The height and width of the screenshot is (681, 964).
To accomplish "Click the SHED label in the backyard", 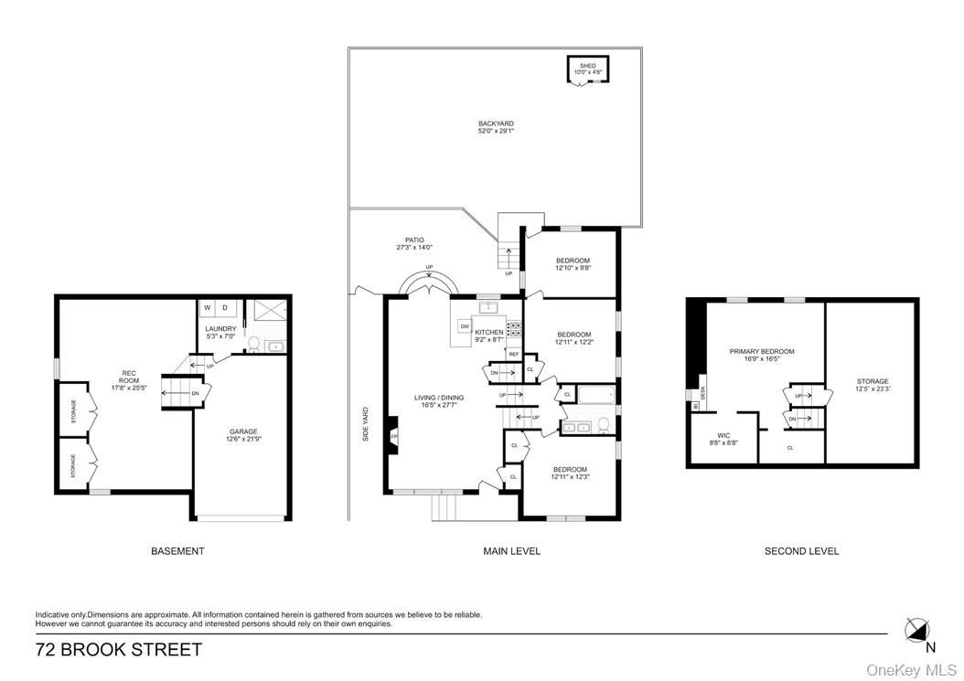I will point(586,66).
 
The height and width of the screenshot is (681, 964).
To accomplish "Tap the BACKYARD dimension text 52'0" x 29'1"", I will point(496,132).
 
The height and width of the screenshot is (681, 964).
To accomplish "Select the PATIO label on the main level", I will point(415,240).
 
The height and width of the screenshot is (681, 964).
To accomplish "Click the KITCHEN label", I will point(488,332).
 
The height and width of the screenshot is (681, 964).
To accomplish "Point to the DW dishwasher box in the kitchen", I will point(465,326).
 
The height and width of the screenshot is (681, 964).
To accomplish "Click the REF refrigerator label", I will point(513,354).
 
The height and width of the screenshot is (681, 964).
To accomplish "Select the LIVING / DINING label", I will point(439,397).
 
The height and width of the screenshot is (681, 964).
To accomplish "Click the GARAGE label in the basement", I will point(243,431).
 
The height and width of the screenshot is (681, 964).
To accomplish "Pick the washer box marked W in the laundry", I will point(207,308).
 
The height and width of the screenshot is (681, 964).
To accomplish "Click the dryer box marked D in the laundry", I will point(225,308).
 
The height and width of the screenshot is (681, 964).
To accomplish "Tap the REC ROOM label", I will point(129,377).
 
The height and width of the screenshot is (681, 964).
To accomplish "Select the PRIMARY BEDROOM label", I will point(761,351).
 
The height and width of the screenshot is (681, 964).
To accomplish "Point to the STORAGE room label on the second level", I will point(872,381).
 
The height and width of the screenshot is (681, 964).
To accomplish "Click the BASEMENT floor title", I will point(177,551).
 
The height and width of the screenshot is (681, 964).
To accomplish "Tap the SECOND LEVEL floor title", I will point(801,551).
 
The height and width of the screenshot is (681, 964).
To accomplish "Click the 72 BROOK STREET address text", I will point(119,651).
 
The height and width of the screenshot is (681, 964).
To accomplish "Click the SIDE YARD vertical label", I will point(366,424).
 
